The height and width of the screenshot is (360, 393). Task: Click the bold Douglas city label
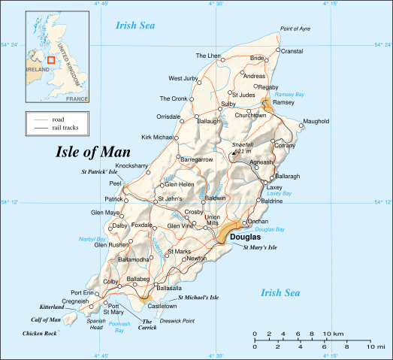245,237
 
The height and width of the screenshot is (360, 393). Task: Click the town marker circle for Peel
127,183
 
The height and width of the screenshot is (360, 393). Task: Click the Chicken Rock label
39,332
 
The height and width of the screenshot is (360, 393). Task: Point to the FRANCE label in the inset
77,98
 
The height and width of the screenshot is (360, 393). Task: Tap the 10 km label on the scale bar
338,333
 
